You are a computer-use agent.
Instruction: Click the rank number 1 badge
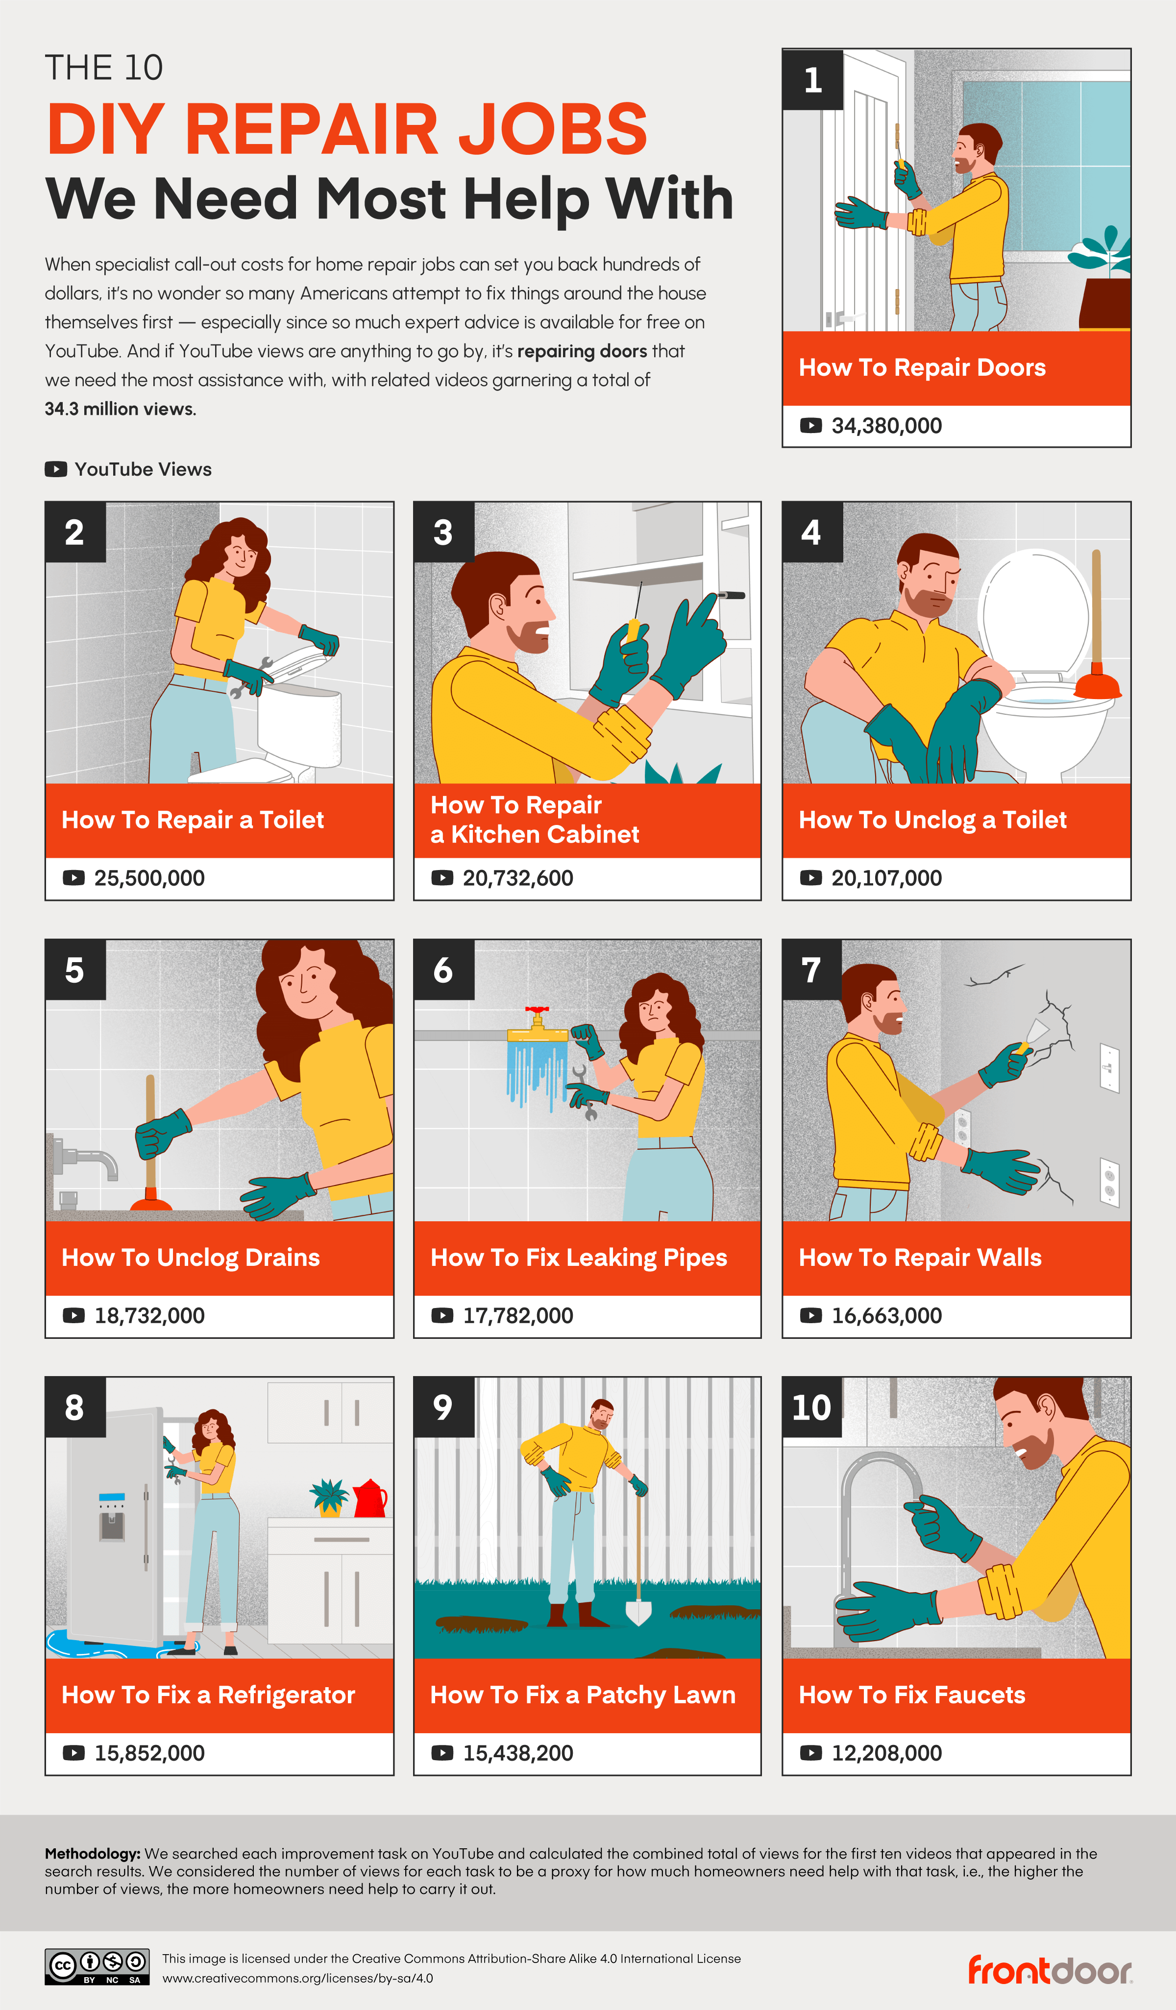pos(812,80)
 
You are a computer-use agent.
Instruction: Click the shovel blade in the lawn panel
pos(638,1611)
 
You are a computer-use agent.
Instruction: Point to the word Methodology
pos(92,1854)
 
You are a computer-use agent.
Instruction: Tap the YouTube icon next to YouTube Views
pos(56,469)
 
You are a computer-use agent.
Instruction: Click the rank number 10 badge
pos(811,1407)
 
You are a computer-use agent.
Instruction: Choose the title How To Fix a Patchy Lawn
pos(583,1695)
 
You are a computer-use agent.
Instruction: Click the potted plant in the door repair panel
pos(1105,279)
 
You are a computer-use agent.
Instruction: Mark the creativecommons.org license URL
pos(297,1978)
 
